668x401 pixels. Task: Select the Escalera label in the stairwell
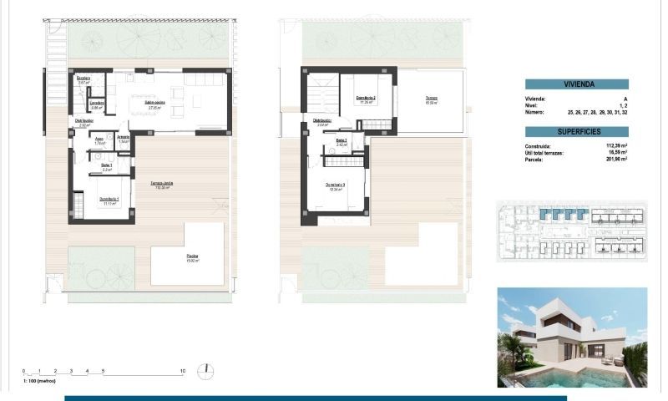(83, 79)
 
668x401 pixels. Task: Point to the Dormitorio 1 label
(109, 199)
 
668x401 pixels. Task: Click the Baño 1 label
(107, 165)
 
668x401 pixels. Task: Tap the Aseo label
(99, 140)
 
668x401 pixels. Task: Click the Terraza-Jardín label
(162, 184)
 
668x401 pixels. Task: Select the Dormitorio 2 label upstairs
(366, 98)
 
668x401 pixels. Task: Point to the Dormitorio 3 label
(336, 185)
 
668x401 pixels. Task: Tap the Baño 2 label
(342, 140)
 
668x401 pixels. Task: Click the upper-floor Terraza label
(432, 98)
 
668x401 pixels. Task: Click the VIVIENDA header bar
(576, 84)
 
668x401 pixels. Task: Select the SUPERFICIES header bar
(576, 132)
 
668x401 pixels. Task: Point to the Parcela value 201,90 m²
(614, 159)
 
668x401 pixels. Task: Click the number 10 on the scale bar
(182, 370)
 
